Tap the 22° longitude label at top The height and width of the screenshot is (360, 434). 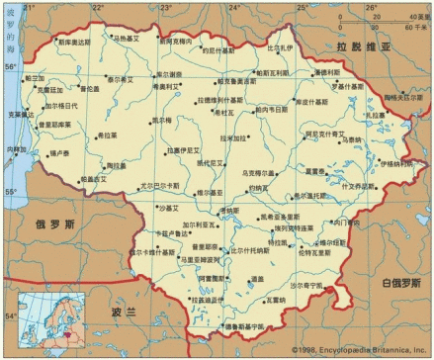96,7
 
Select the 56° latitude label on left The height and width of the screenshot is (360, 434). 11,66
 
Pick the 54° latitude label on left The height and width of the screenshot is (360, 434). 11,315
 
